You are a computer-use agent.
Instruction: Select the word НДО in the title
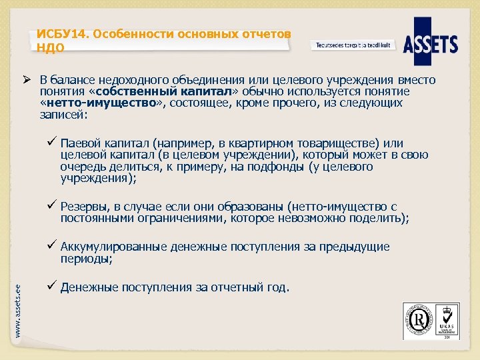51,48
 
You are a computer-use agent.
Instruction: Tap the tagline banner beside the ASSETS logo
353,45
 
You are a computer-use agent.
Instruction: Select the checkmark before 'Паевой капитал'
51,143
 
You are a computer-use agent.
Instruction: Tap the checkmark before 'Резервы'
51,206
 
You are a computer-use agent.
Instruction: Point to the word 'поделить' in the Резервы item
383,218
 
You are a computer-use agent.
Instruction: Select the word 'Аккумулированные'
114,247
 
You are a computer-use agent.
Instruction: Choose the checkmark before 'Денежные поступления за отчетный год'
51,287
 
